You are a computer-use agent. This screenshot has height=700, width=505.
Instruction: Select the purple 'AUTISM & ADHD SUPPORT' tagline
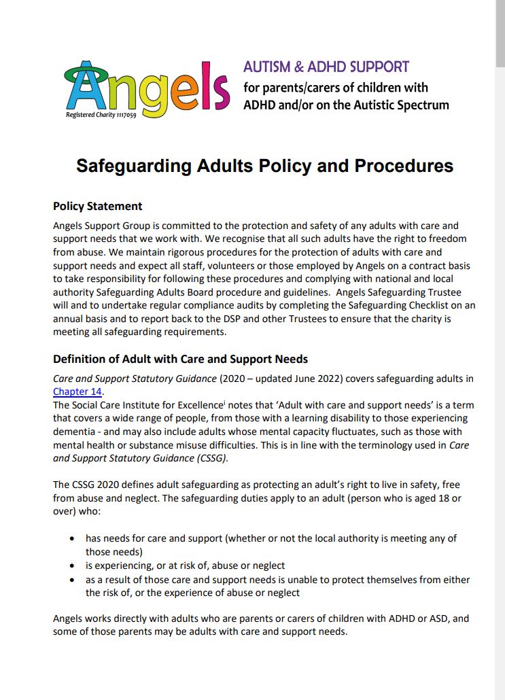pyautogui.click(x=326, y=67)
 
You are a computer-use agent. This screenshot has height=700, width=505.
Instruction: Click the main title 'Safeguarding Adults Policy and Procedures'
pyautogui.click(x=264, y=166)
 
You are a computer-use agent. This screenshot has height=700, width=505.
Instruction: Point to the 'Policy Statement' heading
pyautogui.click(x=98, y=207)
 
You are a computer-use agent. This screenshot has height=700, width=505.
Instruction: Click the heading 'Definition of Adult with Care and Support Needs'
pyautogui.click(x=180, y=359)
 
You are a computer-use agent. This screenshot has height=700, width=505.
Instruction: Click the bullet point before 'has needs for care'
pyautogui.click(x=73, y=539)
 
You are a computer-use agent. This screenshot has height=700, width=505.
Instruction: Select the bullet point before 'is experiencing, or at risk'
pyautogui.click(x=73, y=566)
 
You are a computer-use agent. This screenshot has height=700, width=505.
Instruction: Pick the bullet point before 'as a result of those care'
pyautogui.click(x=73, y=580)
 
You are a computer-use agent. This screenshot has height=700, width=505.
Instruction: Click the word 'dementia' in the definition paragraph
pyautogui.click(x=75, y=432)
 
